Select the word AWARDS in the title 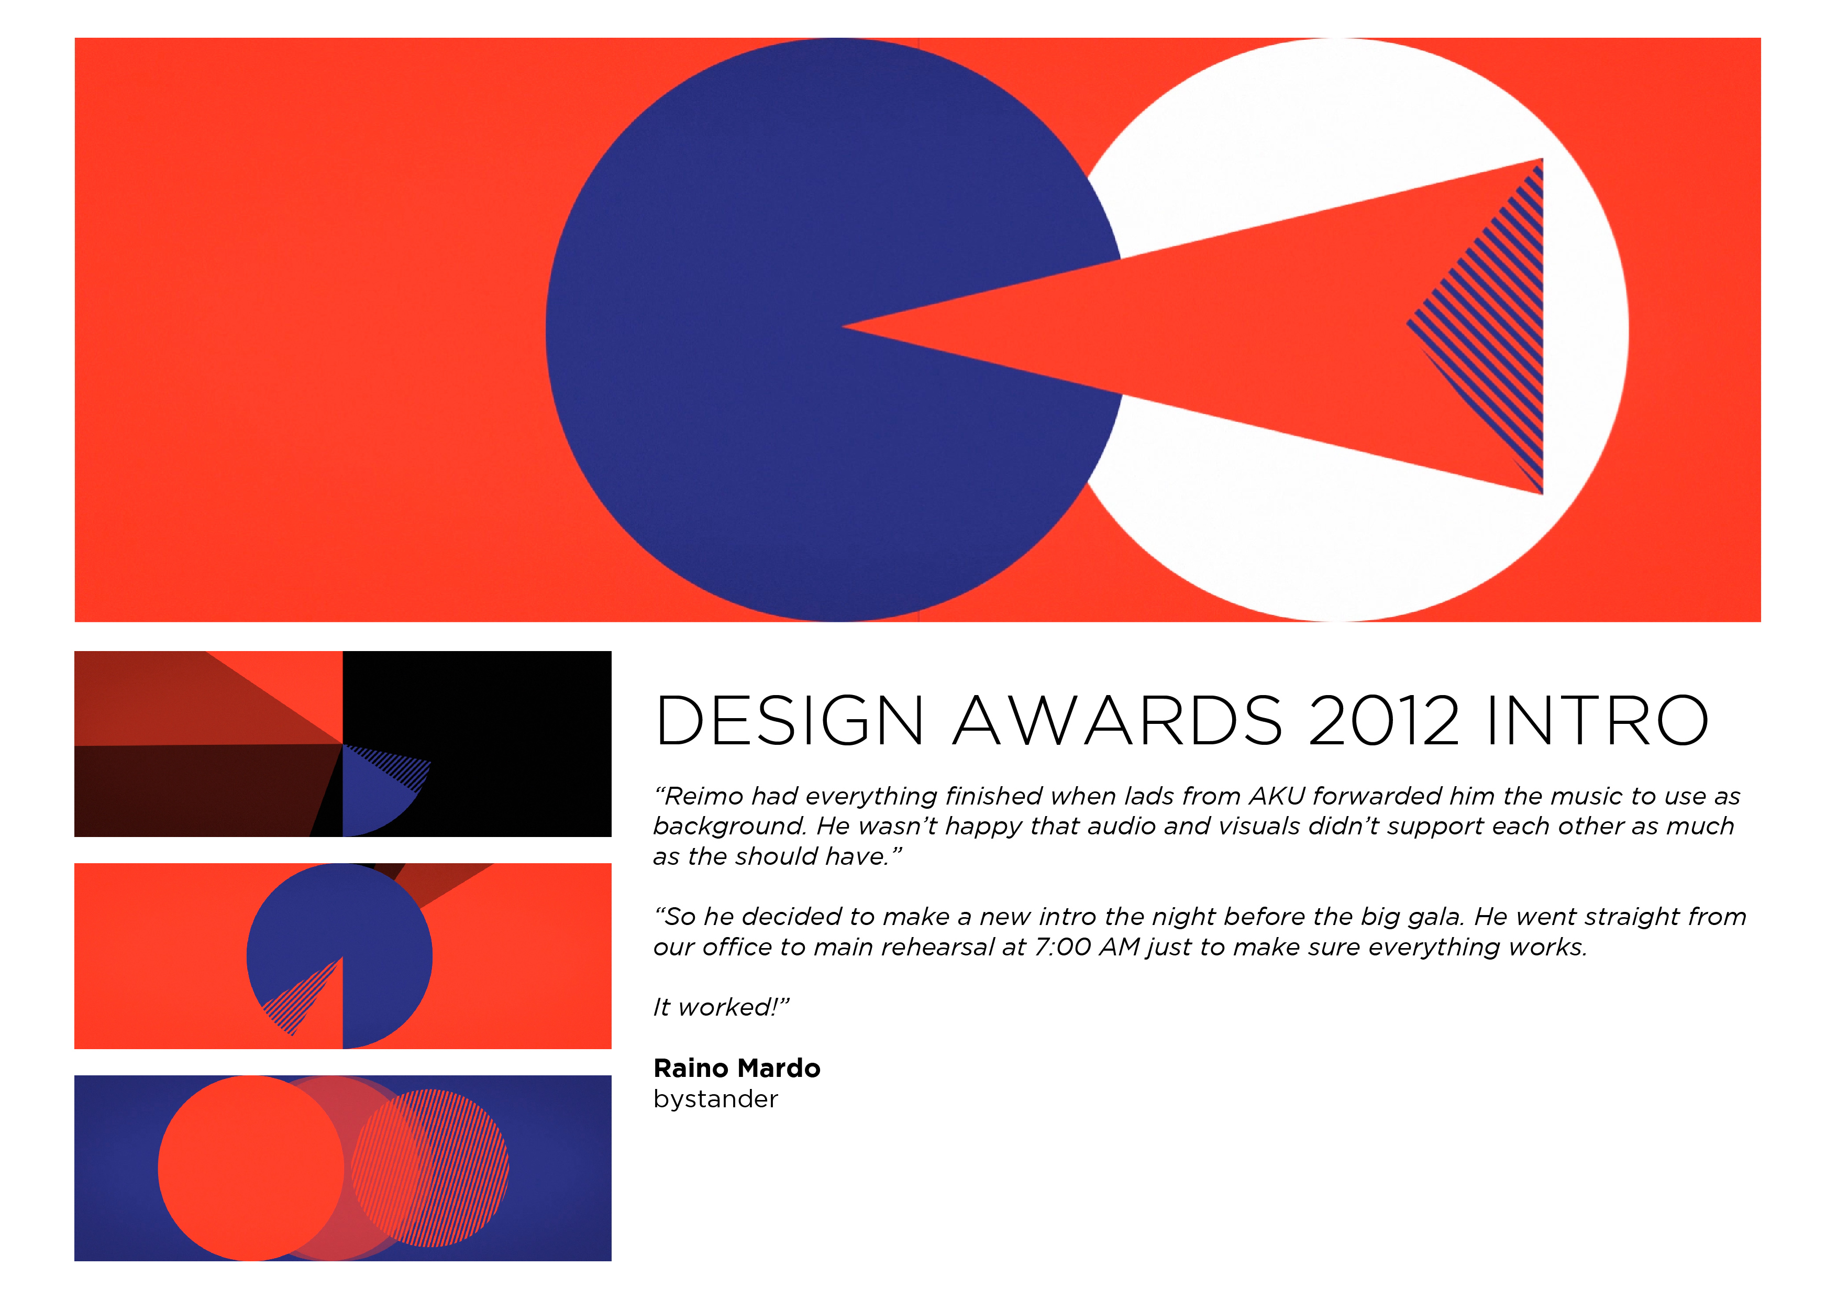pyautogui.click(x=1117, y=720)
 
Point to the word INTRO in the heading pyautogui.click(x=1597, y=720)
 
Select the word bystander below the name pyautogui.click(x=715, y=1099)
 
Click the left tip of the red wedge pyautogui.click(x=843, y=326)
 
